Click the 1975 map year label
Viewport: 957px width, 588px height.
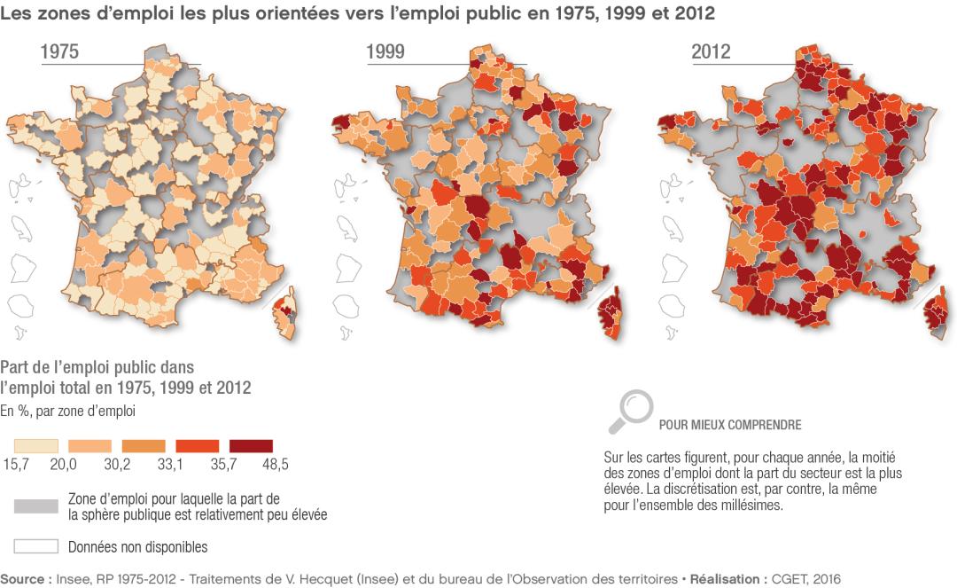(x=59, y=52)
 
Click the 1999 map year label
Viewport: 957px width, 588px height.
(x=385, y=52)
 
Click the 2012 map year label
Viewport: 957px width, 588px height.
(x=711, y=52)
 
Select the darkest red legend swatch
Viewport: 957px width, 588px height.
(x=251, y=446)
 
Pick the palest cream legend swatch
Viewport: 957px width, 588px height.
(x=36, y=446)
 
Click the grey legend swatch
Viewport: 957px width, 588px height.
(x=36, y=506)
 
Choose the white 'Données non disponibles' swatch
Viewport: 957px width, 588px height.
(x=36, y=545)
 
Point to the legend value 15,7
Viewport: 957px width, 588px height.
(x=17, y=463)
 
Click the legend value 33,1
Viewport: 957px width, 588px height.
(x=187, y=463)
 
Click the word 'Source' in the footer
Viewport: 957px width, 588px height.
(x=22, y=577)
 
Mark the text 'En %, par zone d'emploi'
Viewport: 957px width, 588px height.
(x=67, y=411)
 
